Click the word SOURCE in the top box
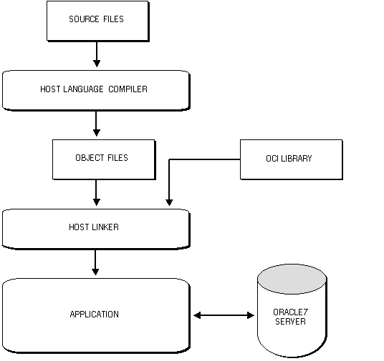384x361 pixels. coord(84,19)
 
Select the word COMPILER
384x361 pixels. coord(128,89)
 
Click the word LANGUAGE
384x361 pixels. coord(83,89)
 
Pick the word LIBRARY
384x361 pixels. coord(297,159)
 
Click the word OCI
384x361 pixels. coord(272,159)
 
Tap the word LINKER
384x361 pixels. coord(105,227)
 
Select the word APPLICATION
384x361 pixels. coord(95,314)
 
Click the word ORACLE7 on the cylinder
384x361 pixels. coord(290,312)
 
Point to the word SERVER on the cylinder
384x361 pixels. coord(290,321)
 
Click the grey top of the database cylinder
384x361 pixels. coord(292,279)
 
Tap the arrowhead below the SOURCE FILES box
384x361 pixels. coord(97,64)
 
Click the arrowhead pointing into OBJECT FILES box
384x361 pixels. coord(97,133)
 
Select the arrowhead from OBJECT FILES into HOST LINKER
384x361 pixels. coord(97,202)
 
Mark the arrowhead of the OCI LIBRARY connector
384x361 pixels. coord(169,202)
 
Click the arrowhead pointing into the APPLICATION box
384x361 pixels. coord(95,272)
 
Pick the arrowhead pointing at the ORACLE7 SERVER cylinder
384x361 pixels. coord(251,315)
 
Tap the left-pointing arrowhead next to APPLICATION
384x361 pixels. coord(197,315)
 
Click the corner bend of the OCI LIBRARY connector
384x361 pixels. coord(169,159)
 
